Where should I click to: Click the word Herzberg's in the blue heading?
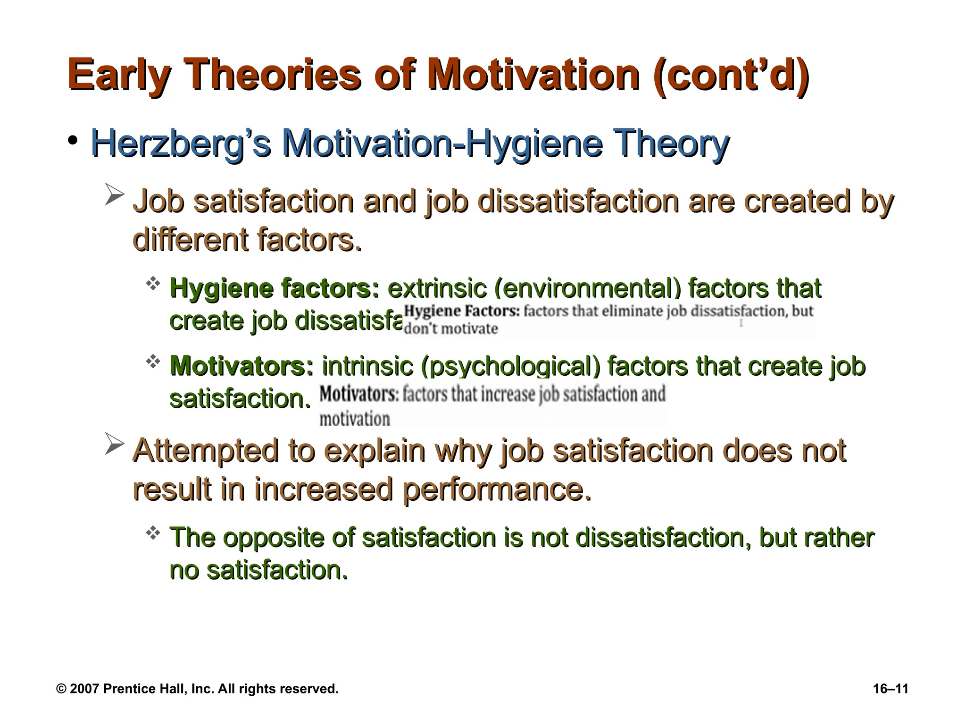click(181, 144)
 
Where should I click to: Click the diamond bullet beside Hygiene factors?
click(153, 284)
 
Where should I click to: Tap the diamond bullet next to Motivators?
click(153, 362)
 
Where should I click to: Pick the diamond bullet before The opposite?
click(153, 533)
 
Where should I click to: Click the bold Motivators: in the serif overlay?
click(359, 394)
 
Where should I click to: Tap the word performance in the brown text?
click(497, 489)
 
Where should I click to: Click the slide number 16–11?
click(891, 689)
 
